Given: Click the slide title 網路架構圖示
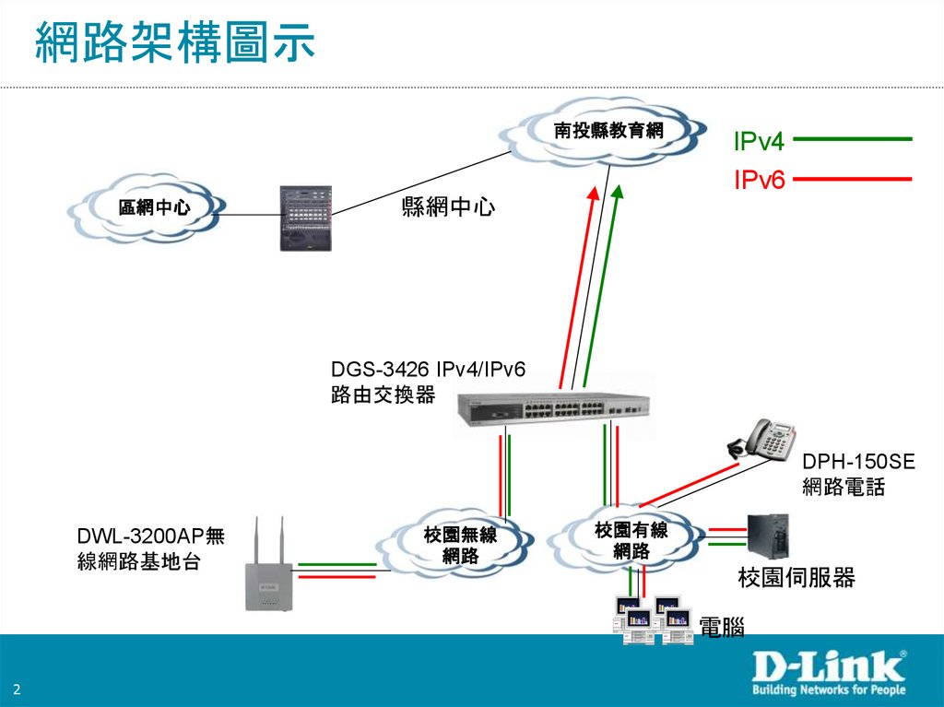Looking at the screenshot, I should coord(175,43).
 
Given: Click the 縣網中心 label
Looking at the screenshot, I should coord(448,208).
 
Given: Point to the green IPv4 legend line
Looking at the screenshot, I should coord(852,139).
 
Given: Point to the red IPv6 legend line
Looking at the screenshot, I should coord(852,178).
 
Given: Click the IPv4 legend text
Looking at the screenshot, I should coord(759,141).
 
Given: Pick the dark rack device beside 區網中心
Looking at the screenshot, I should coord(307,218).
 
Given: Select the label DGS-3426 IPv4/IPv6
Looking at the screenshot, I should coord(428,371).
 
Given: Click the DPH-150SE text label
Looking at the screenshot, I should coord(858,461).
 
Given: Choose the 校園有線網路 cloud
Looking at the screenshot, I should coord(631,541).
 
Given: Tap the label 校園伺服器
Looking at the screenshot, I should coord(796,578).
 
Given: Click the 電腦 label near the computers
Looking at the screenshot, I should coord(722,629).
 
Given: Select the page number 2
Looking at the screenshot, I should coord(18,691).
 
